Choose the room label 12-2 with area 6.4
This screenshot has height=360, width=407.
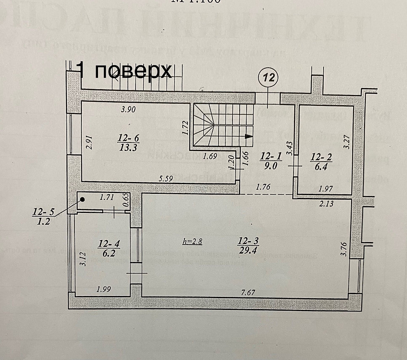coord(321,160)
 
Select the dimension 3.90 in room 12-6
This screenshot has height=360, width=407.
coord(129,109)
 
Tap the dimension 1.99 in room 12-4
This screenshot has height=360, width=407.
coord(104,290)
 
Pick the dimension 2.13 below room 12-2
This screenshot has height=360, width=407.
coord(326,204)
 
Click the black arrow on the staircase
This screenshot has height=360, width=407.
coord(249,137)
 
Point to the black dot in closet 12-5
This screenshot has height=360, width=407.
coord(83,200)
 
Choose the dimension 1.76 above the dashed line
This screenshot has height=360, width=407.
coord(264,188)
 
